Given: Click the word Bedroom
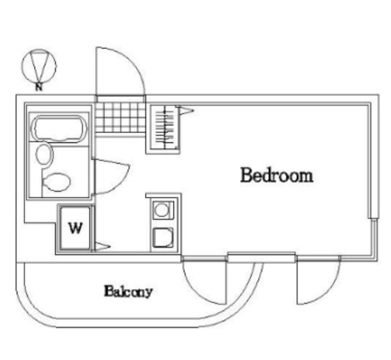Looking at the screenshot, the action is click(277, 175).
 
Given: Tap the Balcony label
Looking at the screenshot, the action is click(128, 291).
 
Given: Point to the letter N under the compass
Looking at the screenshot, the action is click(38, 87).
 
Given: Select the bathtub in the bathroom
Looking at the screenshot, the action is click(59, 128).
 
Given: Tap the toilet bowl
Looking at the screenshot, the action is click(56, 182).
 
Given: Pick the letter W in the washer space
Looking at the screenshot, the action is click(75, 228).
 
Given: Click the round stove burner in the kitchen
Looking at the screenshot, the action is click(161, 210).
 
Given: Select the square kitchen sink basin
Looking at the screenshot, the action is click(163, 238).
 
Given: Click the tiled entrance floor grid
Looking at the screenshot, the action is click(120, 117).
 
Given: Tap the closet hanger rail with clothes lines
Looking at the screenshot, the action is click(164, 128).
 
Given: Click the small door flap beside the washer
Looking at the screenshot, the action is click(102, 246).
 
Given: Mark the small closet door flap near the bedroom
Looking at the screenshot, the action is click(185, 110).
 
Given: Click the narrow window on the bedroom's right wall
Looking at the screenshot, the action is click(375, 240).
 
